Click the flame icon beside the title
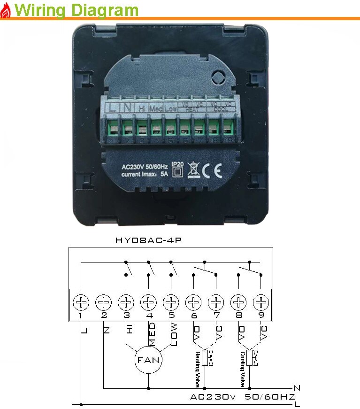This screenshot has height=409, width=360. (x=6, y=11)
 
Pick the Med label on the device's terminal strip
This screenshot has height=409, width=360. (x=155, y=108)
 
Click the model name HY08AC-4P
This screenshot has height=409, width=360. (x=148, y=240)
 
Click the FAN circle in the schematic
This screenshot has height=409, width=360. (x=148, y=361)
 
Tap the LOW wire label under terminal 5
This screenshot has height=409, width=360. (x=174, y=334)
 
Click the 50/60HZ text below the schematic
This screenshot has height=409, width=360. (x=269, y=397)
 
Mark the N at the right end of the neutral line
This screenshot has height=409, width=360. (x=296, y=388)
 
